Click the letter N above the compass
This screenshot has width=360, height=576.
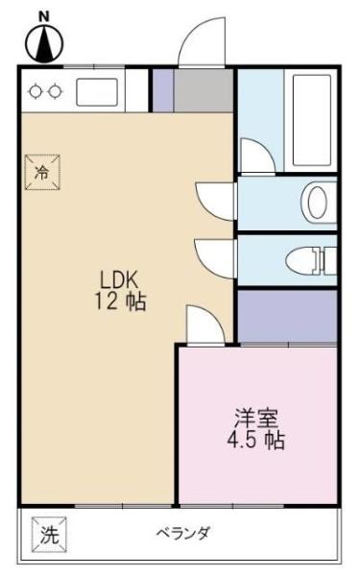(41, 16)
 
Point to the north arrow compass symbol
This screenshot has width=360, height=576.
(41, 41)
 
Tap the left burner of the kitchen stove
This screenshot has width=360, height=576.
(36, 92)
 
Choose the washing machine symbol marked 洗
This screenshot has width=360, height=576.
(48, 535)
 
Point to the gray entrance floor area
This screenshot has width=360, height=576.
(204, 89)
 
